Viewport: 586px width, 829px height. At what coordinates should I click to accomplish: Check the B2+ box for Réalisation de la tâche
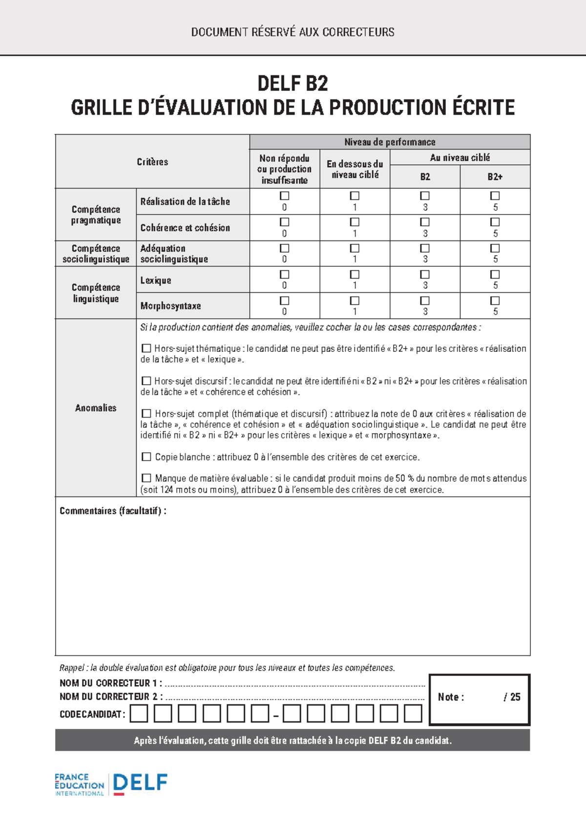(x=495, y=196)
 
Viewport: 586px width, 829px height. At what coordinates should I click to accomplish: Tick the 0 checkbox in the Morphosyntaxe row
(x=284, y=300)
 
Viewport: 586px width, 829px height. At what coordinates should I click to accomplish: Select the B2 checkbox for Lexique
(x=425, y=274)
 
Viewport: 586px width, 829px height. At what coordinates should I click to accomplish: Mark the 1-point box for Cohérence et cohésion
(x=355, y=222)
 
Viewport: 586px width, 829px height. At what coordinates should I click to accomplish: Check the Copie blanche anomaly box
(x=146, y=457)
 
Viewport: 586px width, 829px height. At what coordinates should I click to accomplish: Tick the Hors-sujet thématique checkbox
(x=146, y=349)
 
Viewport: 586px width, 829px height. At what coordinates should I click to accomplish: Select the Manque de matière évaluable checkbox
(x=146, y=478)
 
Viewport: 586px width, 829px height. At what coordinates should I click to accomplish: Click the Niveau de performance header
(x=389, y=142)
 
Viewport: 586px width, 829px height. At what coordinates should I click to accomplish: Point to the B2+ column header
(x=495, y=177)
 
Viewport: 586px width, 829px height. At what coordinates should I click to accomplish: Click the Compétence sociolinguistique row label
(x=96, y=254)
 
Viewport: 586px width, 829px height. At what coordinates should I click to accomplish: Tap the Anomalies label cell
(x=96, y=408)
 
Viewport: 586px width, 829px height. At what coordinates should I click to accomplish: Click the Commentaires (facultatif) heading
(x=113, y=511)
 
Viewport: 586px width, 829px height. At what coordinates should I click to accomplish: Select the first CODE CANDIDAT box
(x=139, y=714)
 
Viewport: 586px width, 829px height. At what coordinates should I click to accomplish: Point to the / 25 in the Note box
(x=512, y=697)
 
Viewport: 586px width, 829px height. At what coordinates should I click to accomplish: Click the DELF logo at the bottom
(x=140, y=783)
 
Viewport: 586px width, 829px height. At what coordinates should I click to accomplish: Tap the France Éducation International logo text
(x=79, y=785)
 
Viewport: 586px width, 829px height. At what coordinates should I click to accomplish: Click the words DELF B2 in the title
(x=293, y=84)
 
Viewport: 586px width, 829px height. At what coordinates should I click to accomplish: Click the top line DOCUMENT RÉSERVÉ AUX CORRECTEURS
(x=293, y=32)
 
